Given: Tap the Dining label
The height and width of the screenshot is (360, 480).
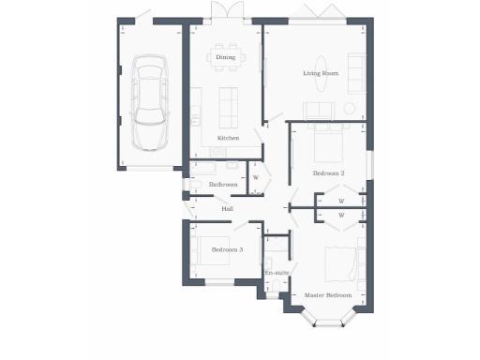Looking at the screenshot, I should (x=225, y=58).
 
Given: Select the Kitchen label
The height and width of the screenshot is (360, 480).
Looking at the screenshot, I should (x=228, y=138).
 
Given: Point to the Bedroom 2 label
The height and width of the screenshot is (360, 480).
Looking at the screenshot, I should (x=329, y=173).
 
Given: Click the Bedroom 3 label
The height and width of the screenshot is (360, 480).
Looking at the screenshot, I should (x=227, y=249).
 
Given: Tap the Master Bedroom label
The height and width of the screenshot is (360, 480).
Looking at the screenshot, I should (x=328, y=295).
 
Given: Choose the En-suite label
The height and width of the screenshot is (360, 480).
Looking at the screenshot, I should (x=277, y=273).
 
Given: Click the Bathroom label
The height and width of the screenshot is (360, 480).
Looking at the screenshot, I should (x=223, y=185).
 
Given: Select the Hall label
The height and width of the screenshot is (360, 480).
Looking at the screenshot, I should (x=227, y=208).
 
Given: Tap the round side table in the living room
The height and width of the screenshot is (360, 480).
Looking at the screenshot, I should (x=349, y=109).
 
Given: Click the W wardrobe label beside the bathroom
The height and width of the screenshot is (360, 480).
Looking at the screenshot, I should (x=255, y=178).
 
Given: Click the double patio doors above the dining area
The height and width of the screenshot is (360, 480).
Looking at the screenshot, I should (x=223, y=12).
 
